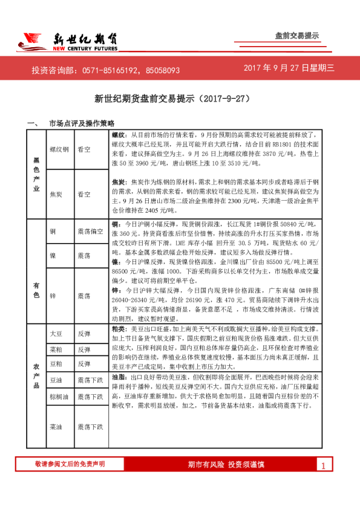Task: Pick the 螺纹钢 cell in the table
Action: (x=60, y=149)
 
